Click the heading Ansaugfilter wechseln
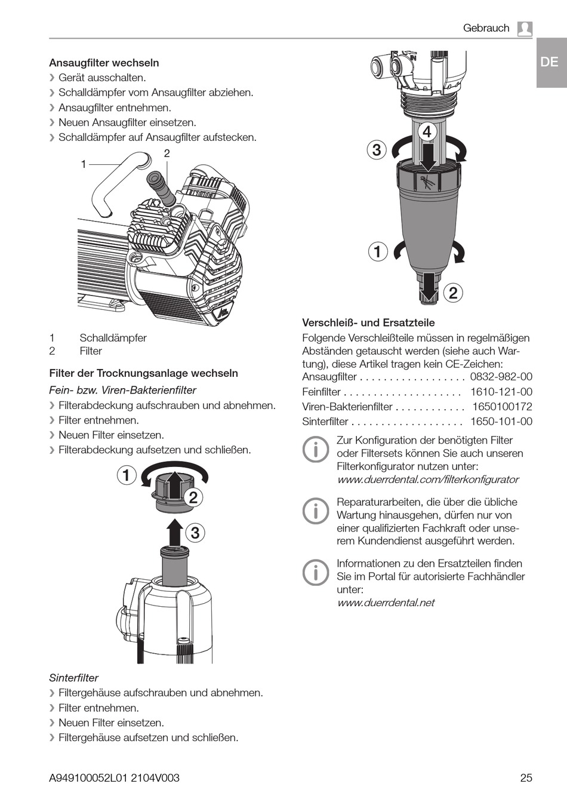click(x=104, y=63)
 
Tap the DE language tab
click(x=549, y=62)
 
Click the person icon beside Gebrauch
click(x=525, y=29)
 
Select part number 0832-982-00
click(x=501, y=377)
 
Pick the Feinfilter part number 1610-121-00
click(x=501, y=392)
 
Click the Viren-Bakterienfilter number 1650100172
click(x=502, y=407)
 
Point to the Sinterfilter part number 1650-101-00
click(x=501, y=422)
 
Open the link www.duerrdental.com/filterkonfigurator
click(x=427, y=480)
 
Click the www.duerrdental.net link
click(x=386, y=603)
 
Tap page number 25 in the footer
click(x=525, y=778)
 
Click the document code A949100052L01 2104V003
click(x=114, y=778)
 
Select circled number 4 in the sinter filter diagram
click(x=427, y=131)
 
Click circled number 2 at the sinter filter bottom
click(x=453, y=293)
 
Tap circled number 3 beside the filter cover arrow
click(x=195, y=533)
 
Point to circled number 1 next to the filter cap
click(x=127, y=476)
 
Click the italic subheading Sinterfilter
click(x=73, y=678)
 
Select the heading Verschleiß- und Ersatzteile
click(x=368, y=322)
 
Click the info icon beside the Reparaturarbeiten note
click(x=315, y=511)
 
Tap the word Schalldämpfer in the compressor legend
click(x=113, y=338)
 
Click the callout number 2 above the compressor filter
click(x=167, y=153)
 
